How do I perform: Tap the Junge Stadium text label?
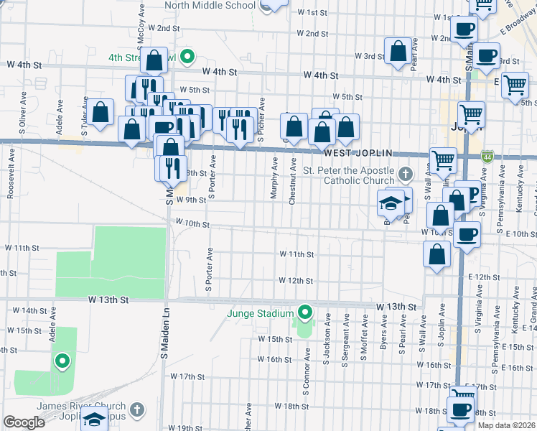click(x=261, y=314)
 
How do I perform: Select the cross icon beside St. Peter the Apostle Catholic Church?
click(x=406, y=174)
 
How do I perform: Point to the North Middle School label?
click(x=210, y=5)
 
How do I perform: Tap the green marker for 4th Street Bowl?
click(x=187, y=55)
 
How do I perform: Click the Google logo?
click(x=24, y=422)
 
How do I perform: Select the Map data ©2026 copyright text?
click(x=507, y=425)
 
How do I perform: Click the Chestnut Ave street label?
click(x=292, y=182)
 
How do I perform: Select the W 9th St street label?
click(x=191, y=200)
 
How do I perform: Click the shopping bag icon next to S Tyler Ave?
click(x=101, y=111)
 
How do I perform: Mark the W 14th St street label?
click(x=33, y=310)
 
